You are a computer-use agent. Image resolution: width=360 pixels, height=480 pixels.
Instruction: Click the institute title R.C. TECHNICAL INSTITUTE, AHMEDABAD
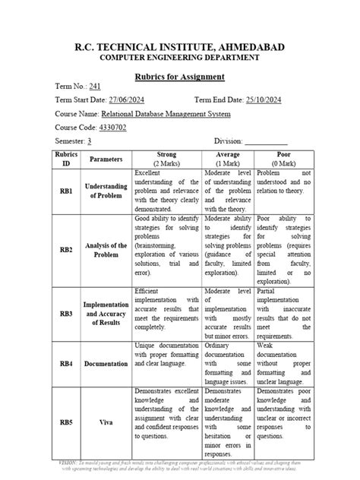point(179,47)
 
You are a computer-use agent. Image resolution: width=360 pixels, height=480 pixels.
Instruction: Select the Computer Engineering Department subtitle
point(179,58)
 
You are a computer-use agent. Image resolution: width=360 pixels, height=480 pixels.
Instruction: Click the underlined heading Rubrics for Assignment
point(179,77)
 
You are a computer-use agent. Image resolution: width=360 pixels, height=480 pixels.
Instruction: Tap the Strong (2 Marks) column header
point(166,159)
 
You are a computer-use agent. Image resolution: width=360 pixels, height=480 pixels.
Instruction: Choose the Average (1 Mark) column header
point(238,159)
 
